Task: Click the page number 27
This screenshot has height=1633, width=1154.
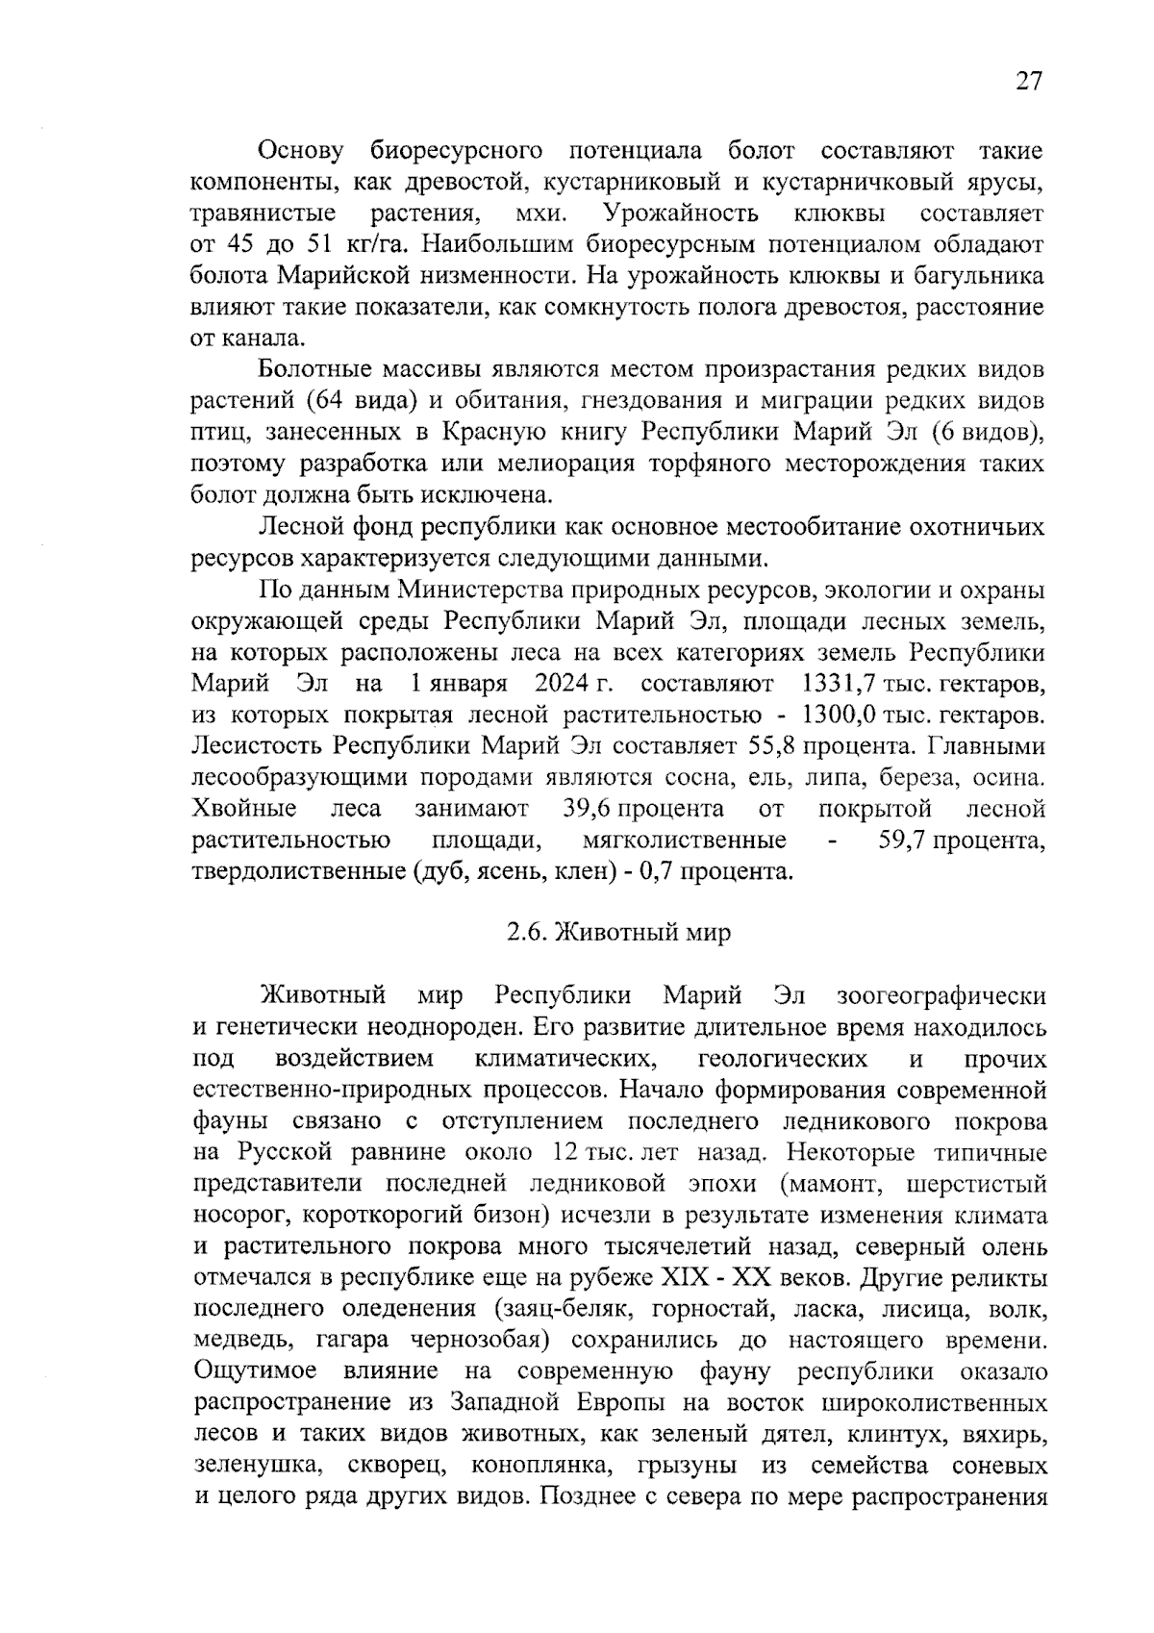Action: [1028, 82]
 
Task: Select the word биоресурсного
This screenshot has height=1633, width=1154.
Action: [456, 151]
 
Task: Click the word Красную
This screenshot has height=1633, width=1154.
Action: [497, 432]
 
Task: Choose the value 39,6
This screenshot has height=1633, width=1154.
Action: [589, 809]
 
